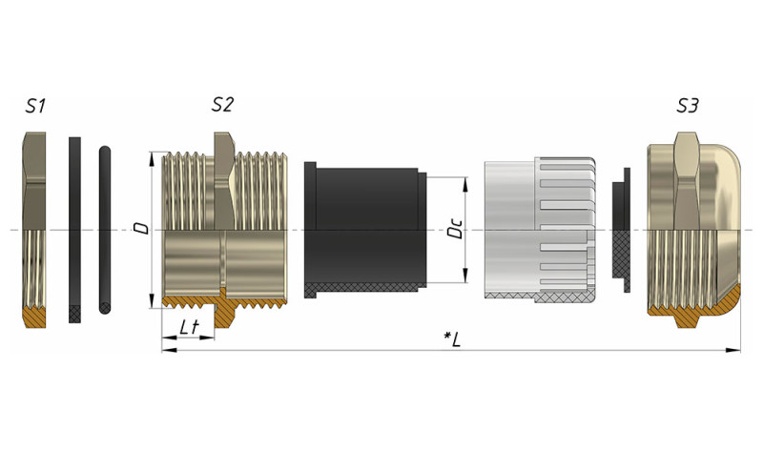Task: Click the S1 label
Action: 35,106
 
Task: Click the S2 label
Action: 222,104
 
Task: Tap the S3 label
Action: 688,106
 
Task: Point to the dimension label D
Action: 142,228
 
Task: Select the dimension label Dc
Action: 455,228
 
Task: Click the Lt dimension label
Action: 189,327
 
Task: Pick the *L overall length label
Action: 452,339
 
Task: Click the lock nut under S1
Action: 34,230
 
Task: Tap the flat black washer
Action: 74,230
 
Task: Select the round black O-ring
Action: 105,230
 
